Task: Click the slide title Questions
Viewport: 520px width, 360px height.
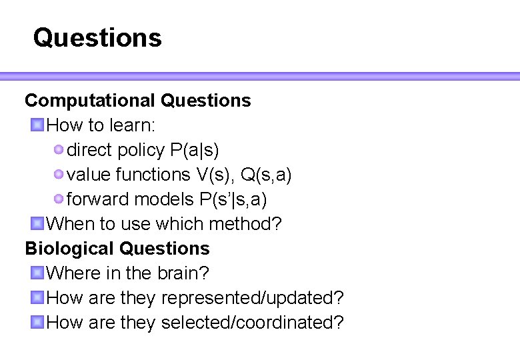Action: (97, 37)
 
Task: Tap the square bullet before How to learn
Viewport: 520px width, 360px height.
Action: (37, 125)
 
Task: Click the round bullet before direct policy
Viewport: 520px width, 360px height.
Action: (59, 149)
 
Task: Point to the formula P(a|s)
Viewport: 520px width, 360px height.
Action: (195, 150)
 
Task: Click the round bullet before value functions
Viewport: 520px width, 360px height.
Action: (59, 174)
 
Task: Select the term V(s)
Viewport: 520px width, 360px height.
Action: (215, 175)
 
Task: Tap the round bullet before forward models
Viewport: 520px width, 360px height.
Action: (59, 199)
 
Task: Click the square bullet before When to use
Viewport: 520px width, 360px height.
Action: (37, 223)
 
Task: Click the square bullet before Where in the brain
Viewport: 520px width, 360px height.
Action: (37, 273)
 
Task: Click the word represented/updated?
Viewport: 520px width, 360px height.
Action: (253, 298)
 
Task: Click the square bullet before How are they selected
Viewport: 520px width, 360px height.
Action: (37, 322)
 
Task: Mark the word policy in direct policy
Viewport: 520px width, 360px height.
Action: (141, 150)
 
